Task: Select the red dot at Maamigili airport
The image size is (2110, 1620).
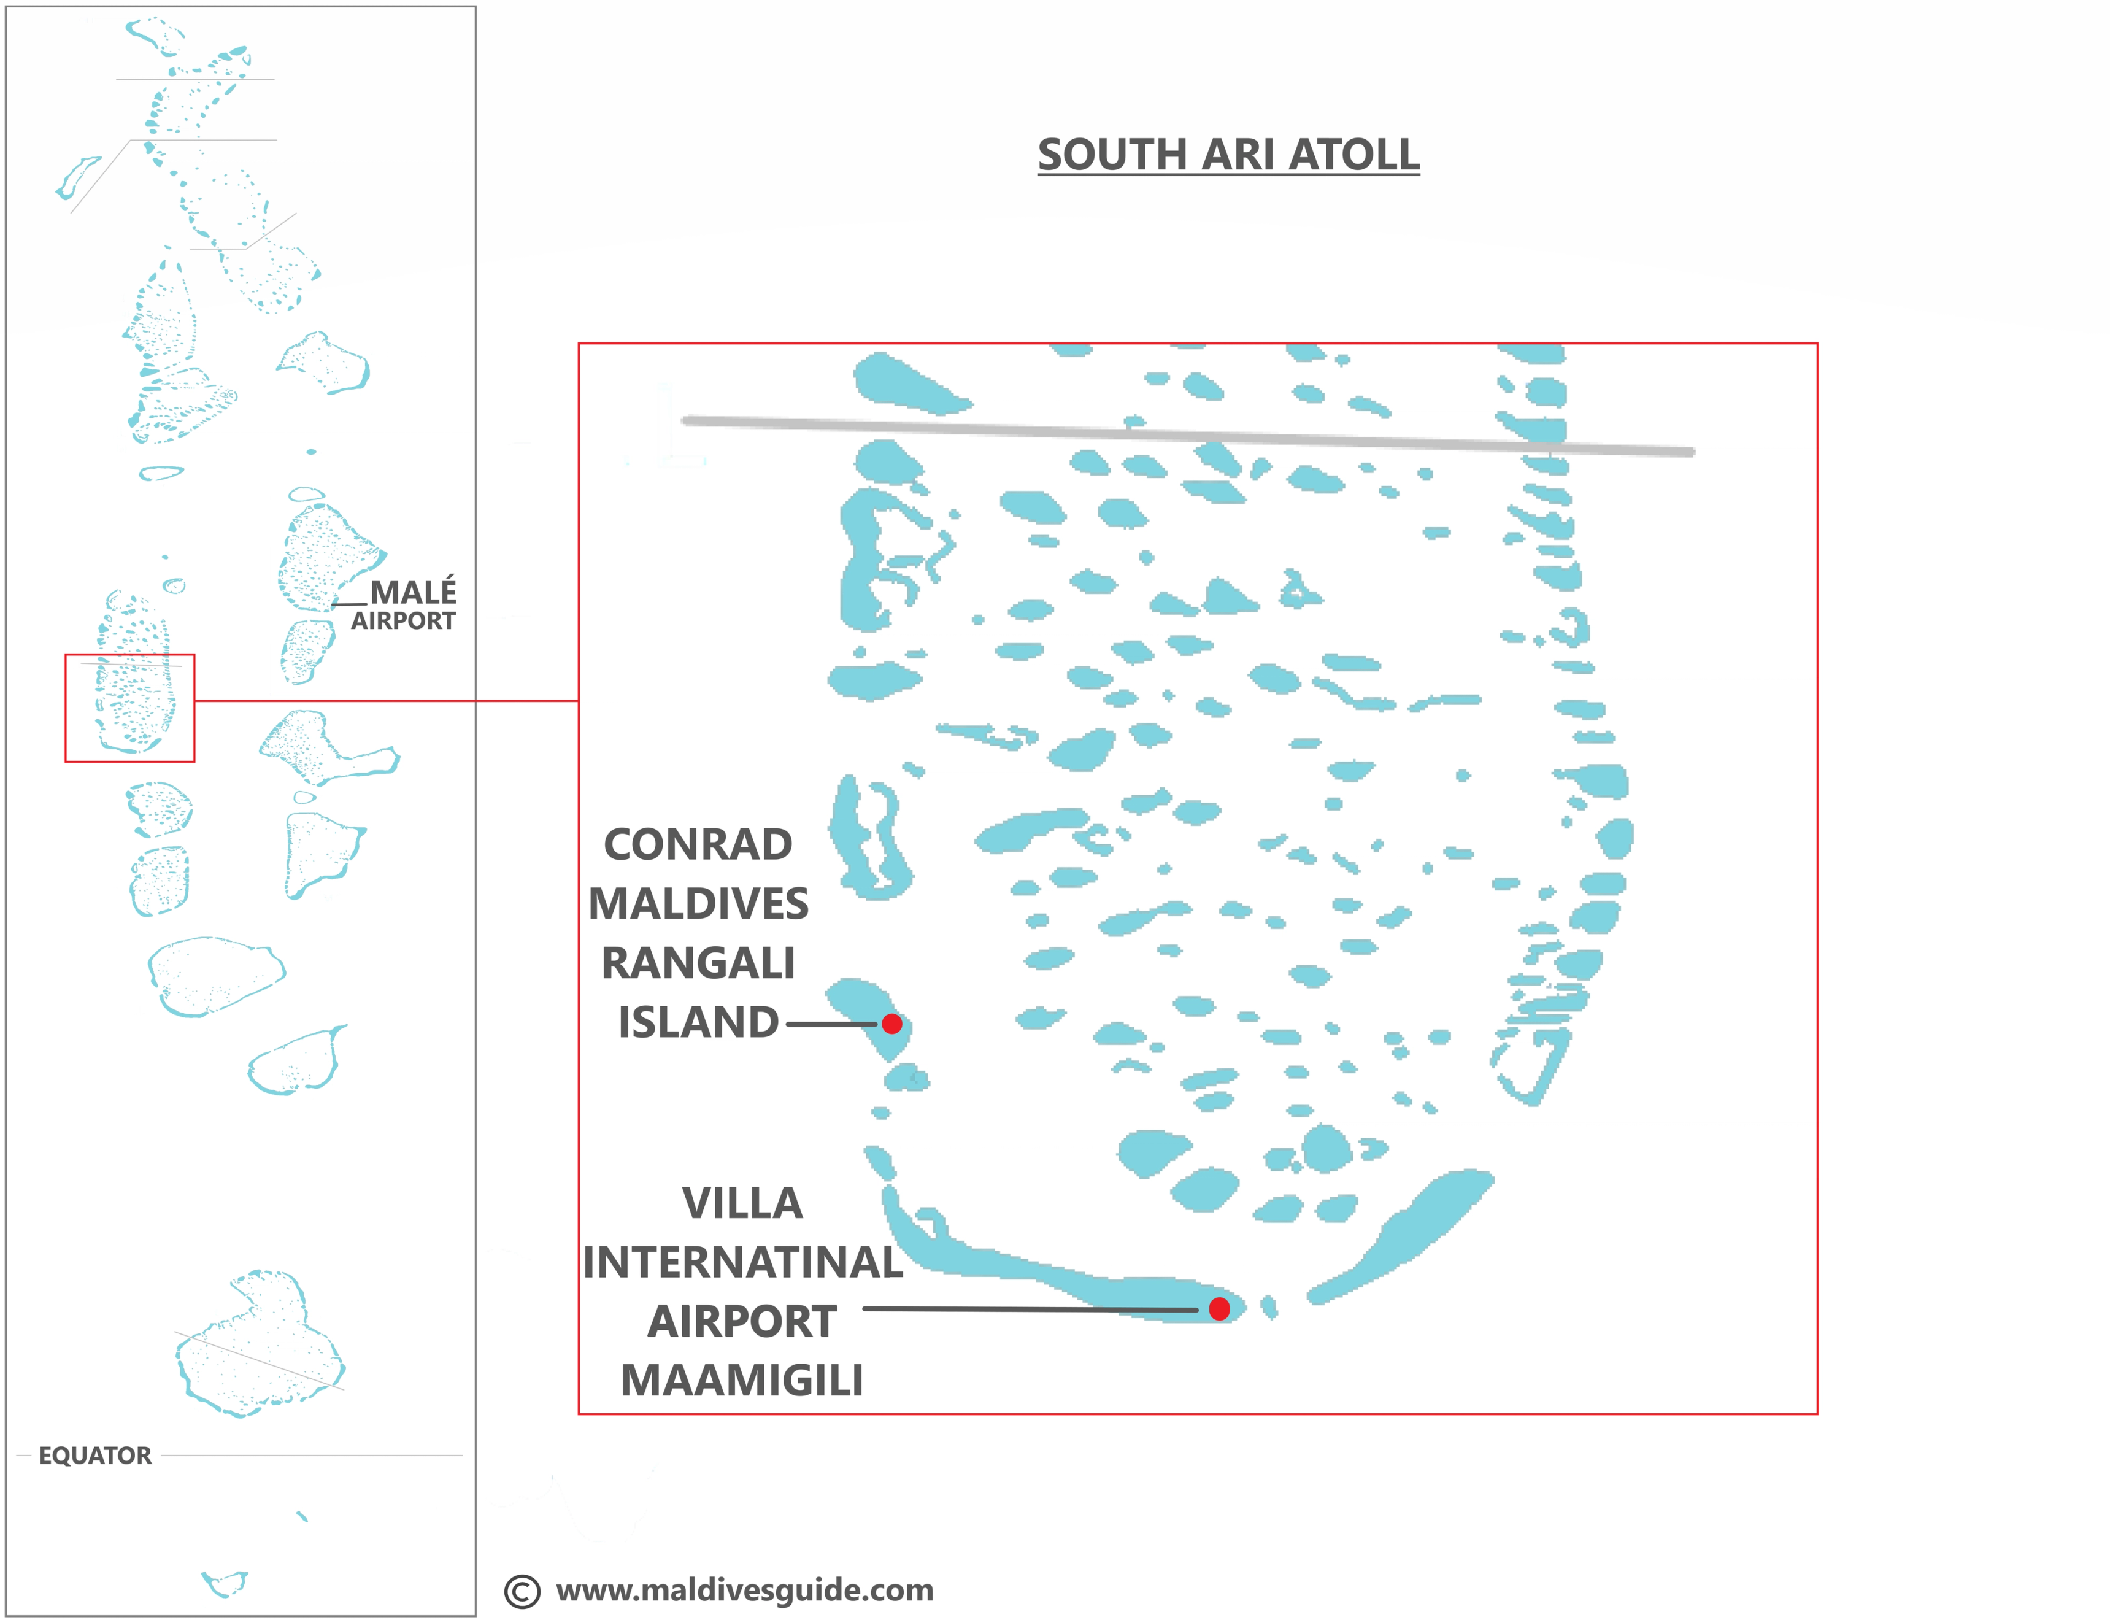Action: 1219,1308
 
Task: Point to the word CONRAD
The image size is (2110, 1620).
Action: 698,845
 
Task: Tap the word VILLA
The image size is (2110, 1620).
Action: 742,1203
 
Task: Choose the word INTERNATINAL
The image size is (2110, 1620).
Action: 742,1262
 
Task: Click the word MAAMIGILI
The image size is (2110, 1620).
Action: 742,1381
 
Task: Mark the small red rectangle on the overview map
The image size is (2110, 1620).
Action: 130,656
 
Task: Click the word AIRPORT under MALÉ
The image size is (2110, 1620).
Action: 403,621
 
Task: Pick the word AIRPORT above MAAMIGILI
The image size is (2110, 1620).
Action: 742,1322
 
